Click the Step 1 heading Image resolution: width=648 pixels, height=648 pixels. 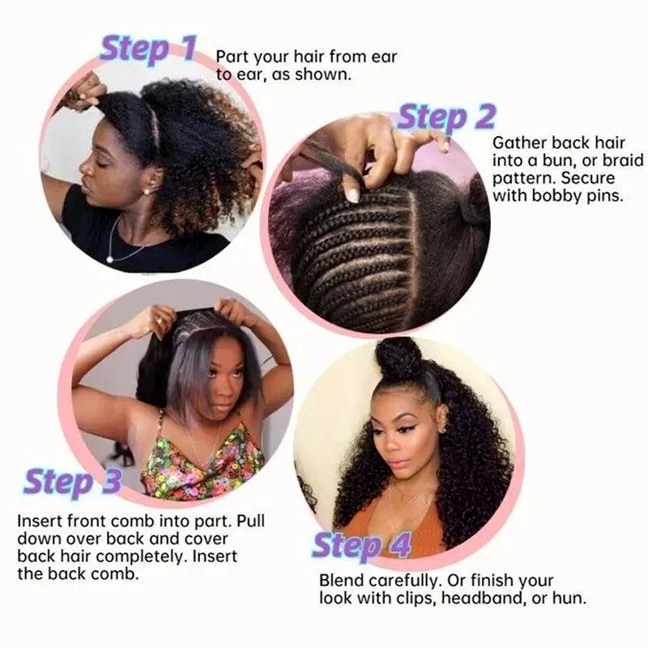click(x=147, y=49)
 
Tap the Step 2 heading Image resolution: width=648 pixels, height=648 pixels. click(x=446, y=117)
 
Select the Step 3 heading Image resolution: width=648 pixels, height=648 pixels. click(x=72, y=482)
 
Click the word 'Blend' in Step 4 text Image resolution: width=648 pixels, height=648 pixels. click(x=340, y=581)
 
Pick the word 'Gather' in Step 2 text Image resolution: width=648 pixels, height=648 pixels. click(x=514, y=142)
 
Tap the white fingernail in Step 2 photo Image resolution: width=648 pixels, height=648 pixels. click(x=353, y=195)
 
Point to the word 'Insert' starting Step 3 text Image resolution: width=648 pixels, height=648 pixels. click(x=37, y=520)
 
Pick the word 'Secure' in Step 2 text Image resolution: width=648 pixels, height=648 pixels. click(x=588, y=178)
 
